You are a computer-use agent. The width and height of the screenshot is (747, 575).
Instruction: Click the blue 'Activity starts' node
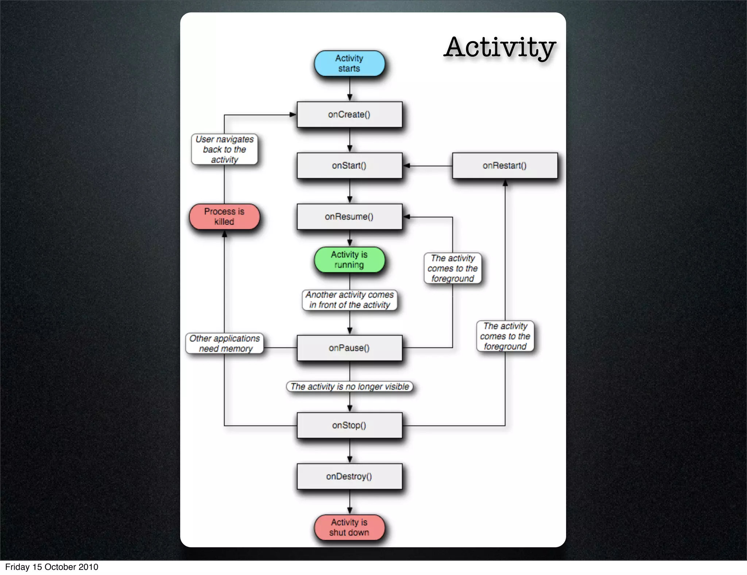coord(349,63)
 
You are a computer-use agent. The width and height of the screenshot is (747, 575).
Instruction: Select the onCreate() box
coord(349,115)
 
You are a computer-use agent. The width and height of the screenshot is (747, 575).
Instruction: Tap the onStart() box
coord(349,166)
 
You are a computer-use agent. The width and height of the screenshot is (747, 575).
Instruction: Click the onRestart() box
coord(505,166)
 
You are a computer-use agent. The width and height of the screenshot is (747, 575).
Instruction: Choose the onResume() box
coord(349,217)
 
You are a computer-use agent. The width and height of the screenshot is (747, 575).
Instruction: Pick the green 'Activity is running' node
coord(349,260)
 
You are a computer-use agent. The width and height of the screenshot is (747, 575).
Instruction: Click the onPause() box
coord(349,348)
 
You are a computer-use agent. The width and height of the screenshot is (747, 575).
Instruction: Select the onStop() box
coord(349,425)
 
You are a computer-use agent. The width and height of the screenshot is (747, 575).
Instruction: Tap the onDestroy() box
coord(349,476)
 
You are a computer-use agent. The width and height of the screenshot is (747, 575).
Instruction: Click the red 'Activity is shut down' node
coord(349,528)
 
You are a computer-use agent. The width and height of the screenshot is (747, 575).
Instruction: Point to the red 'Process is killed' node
coord(224,217)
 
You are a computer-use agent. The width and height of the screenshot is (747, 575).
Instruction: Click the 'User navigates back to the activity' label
coord(224,150)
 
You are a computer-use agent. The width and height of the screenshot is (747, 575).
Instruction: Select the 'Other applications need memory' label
coord(224,343)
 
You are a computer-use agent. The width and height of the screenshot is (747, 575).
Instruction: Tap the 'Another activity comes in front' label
coord(349,300)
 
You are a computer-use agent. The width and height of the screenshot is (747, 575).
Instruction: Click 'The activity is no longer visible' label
coord(349,387)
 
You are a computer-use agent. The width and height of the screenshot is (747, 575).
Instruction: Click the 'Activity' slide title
coord(500,47)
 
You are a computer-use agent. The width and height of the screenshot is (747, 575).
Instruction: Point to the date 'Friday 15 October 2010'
coord(51,567)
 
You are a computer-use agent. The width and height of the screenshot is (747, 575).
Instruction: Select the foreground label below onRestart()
coord(505,336)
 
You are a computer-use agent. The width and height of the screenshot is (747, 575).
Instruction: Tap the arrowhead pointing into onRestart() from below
coord(505,183)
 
